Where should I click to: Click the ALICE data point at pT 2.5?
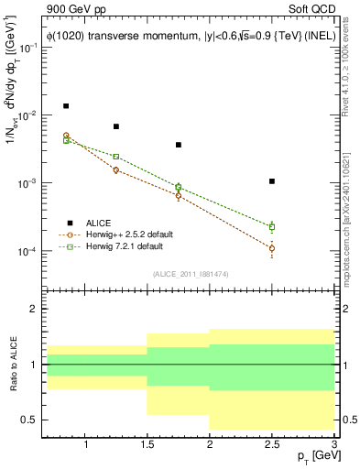pos(272,181)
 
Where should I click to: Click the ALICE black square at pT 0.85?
pos(66,106)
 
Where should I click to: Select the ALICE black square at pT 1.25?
pos(115,126)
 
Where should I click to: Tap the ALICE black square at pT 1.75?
pos(179,145)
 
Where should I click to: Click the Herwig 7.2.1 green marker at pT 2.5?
pos(272,226)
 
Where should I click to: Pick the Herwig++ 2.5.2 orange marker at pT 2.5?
pos(272,248)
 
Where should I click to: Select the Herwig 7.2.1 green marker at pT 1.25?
pos(115,157)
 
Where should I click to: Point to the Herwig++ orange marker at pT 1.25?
pos(115,170)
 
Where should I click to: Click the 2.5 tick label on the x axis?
pos(271,444)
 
